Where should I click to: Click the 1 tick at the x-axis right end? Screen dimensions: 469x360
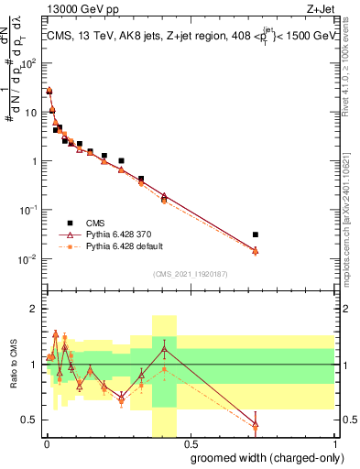(333, 441)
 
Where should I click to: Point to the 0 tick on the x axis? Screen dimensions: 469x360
(47, 441)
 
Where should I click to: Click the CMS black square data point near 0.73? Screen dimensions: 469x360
(256, 234)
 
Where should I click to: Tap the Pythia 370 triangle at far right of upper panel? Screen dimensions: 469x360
(256, 250)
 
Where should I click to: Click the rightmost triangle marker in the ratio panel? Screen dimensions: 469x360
(256, 424)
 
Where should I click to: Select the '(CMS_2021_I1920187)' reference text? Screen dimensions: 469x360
(190, 273)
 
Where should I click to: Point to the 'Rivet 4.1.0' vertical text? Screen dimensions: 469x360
(352, 73)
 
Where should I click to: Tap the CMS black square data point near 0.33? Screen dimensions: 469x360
(141, 179)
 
